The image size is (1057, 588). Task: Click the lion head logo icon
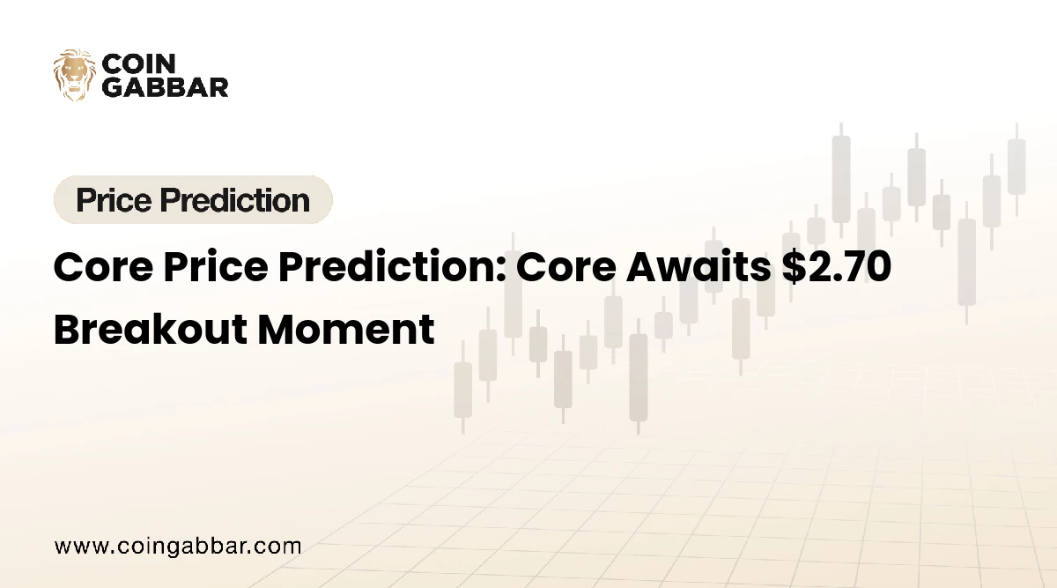coord(74,75)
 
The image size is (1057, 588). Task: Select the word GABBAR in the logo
coord(165,86)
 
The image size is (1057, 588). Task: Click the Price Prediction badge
coord(193,200)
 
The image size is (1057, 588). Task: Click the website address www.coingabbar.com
coord(178,546)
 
